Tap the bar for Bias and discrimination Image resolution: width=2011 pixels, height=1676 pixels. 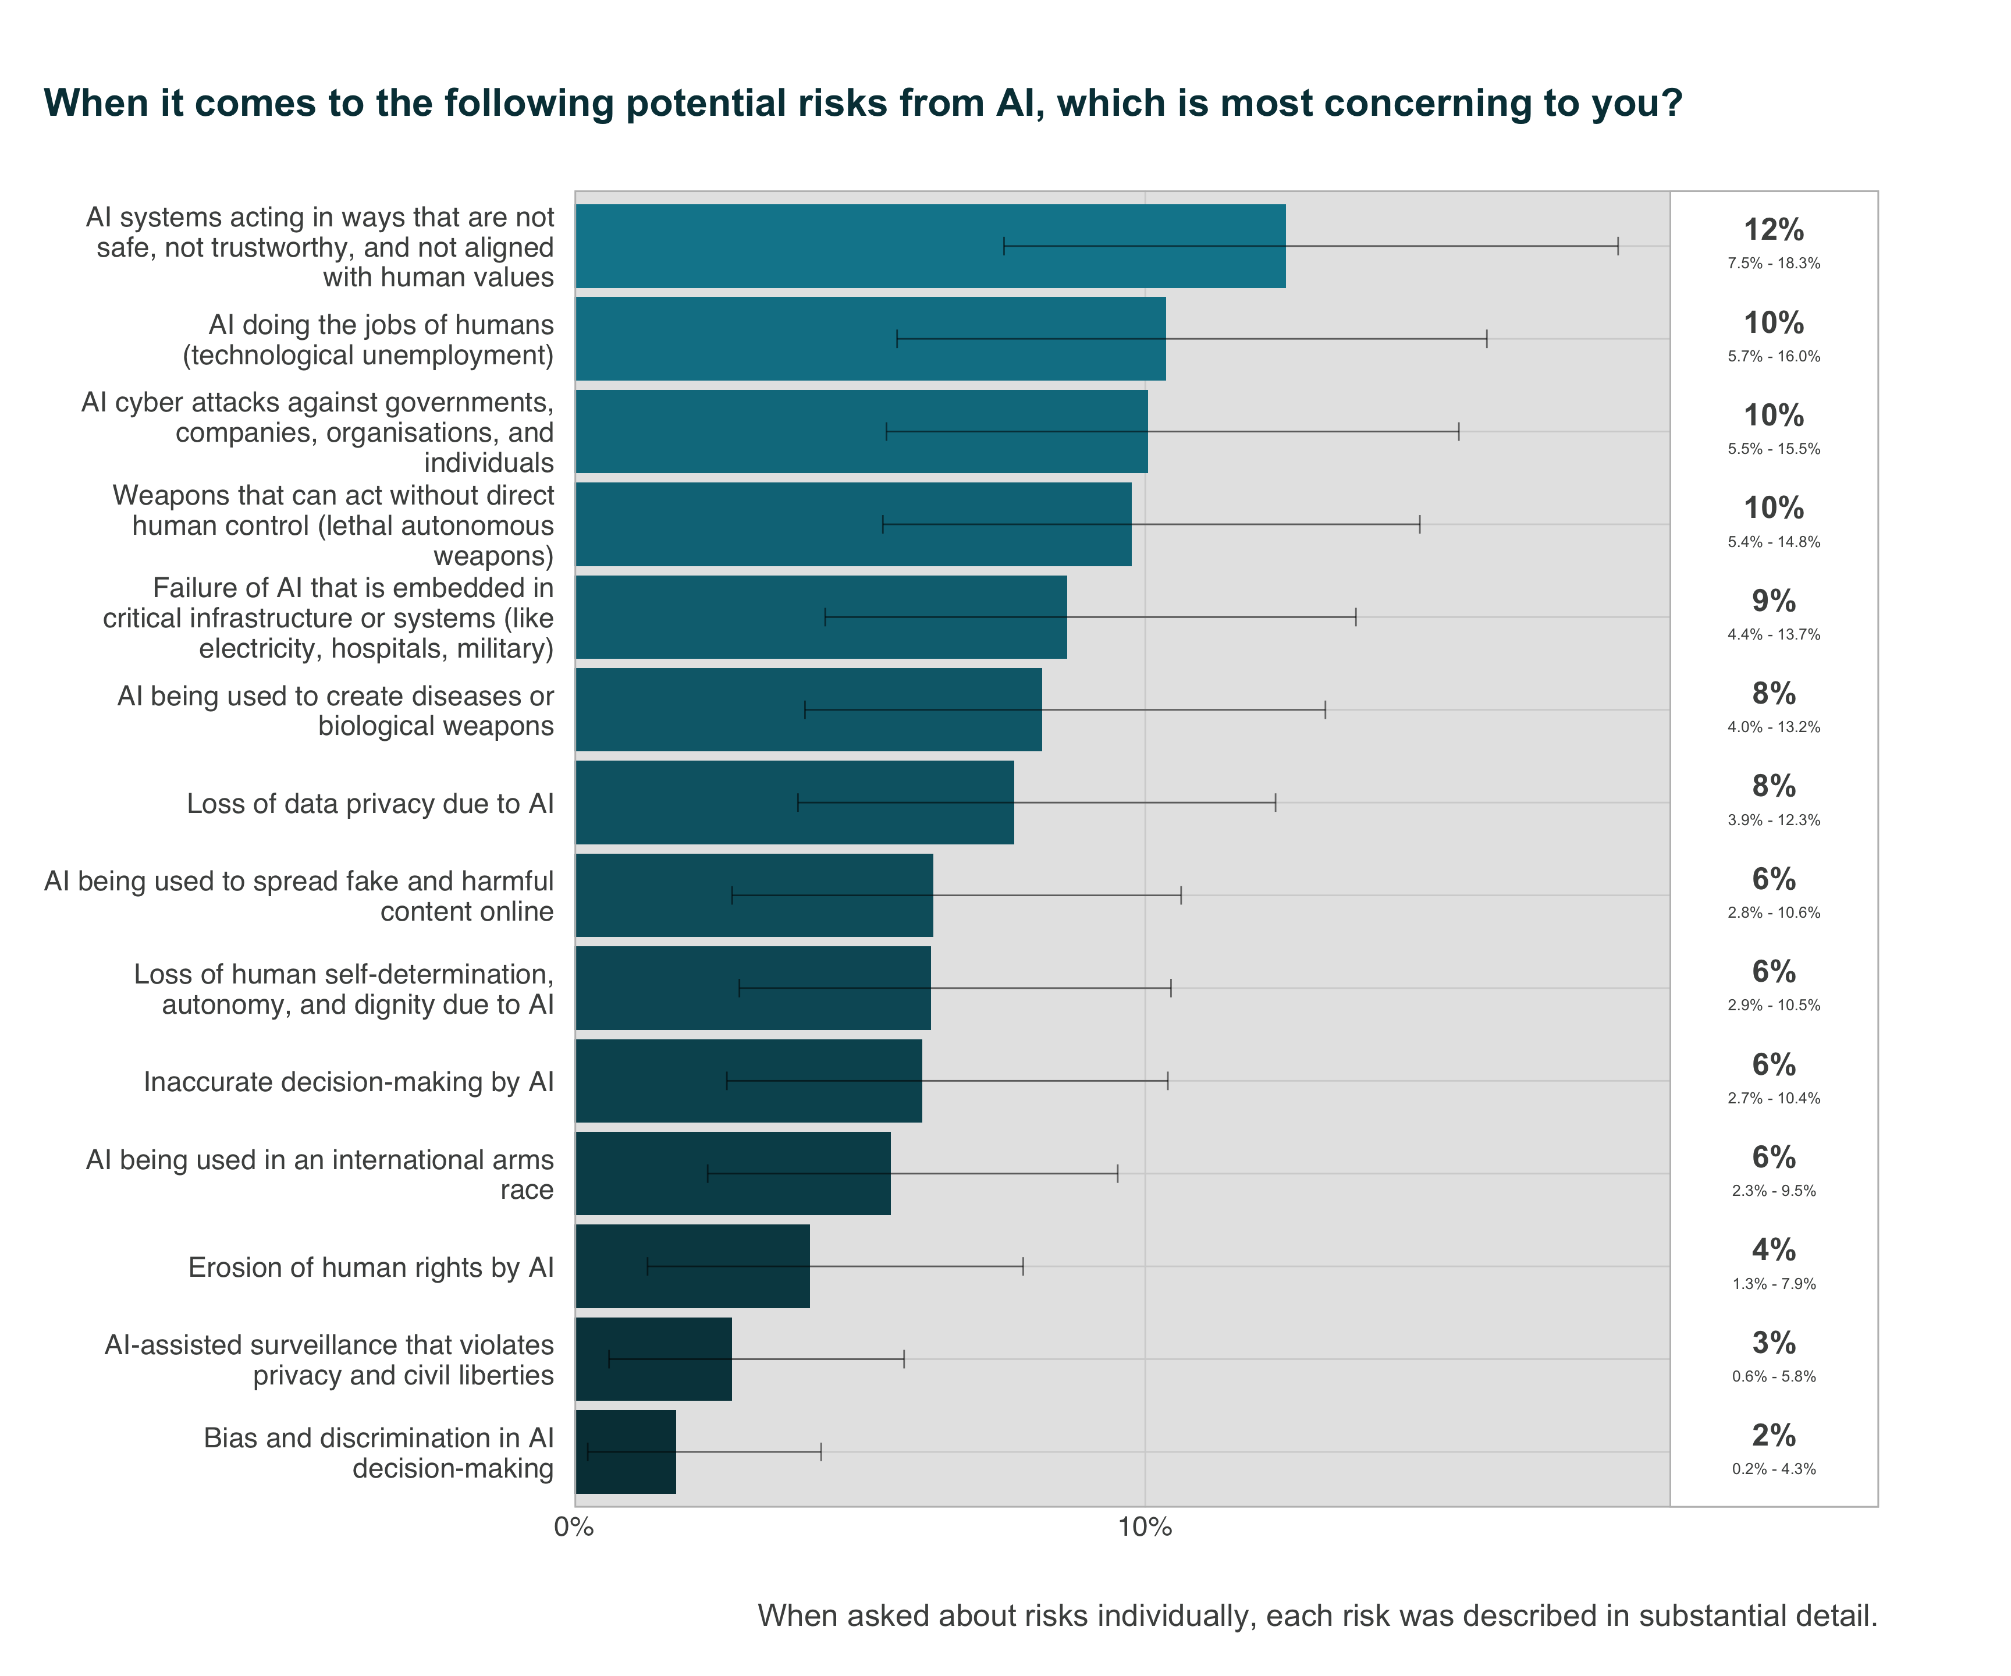(626, 1452)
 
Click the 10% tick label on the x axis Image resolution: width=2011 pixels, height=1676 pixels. (1145, 1528)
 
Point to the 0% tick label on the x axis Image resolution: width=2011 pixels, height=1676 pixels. (574, 1528)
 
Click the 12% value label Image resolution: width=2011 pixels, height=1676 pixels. (1774, 230)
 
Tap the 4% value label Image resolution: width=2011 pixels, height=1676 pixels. (1774, 1250)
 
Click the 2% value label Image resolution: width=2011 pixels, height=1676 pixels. (1774, 1436)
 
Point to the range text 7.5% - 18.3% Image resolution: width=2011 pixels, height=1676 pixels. (1774, 264)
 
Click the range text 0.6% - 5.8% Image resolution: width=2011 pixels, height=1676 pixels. (1774, 1376)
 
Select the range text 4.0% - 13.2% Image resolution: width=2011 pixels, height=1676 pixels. (1774, 727)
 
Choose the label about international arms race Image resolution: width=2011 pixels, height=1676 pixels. (320, 1174)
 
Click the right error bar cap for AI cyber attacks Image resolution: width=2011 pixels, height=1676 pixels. (1458, 431)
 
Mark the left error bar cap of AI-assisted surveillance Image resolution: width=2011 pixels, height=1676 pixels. (609, 1359)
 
